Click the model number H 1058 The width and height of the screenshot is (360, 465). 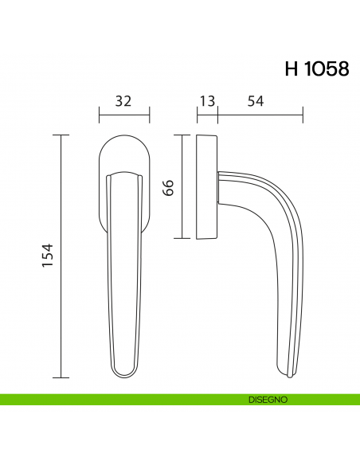coord(316,69)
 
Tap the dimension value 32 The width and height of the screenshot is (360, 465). coord(123,101)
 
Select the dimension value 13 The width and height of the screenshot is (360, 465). coord(206,101)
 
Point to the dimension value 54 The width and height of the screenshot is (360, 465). coord(256,101)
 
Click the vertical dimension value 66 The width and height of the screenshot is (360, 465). coord(168,188)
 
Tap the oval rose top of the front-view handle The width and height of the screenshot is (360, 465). coord(123,151)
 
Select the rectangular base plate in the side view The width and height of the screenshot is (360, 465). coord(205,187)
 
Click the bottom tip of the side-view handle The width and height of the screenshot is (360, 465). coord(290,373)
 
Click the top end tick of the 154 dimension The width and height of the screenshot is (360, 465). coord(61,135)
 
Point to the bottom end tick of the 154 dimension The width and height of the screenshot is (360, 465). coord(61,377)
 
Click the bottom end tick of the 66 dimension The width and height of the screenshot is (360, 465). coord(182,239)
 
